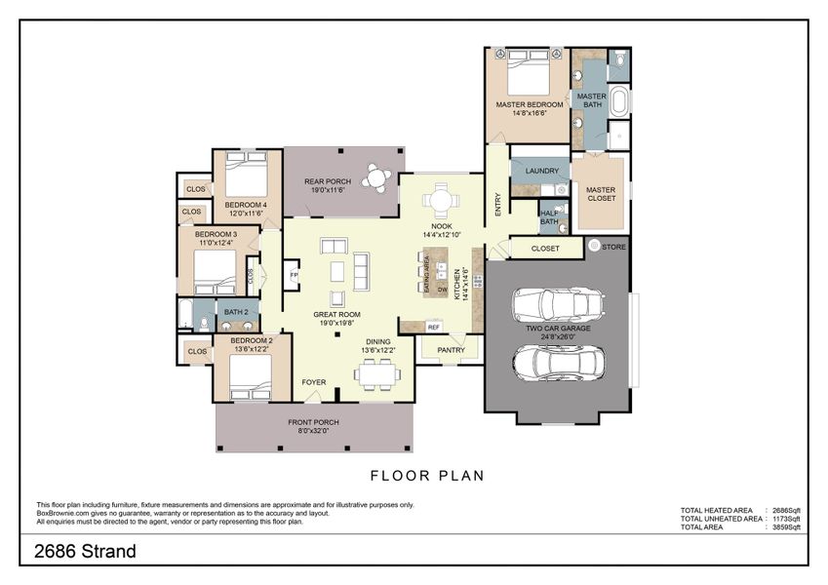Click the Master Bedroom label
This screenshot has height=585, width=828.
coord(529,103)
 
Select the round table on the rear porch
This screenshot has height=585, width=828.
coord(376,177)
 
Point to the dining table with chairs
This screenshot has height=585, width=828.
coord(376,373)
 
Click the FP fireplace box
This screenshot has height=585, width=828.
coord(293,277)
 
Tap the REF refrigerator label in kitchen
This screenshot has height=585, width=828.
coord(433,327)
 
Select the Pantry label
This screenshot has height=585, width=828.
coord(451,350)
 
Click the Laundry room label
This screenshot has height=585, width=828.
coord(541,172)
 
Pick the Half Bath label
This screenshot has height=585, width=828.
coord(549,216)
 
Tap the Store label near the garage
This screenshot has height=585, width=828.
coord(614,247)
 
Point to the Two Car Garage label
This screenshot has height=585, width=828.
coord(558,329)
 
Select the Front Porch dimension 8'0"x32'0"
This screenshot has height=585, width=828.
coord(307,430)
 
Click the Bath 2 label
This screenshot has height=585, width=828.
coord(236,312)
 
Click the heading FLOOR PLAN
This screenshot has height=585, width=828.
coord(427,476)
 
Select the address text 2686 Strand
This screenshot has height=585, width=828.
coord(85,552)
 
